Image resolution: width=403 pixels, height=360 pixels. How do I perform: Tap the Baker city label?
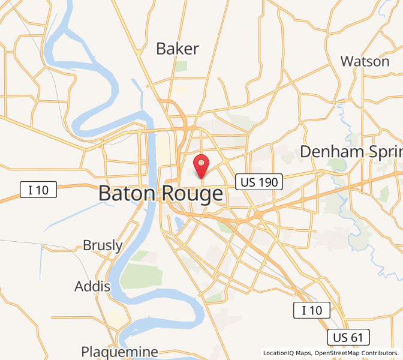178,49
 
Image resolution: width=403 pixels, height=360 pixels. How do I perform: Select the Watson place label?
365,61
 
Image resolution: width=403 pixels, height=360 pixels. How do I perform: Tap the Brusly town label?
103,245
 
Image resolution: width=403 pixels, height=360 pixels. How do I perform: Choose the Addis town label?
92,286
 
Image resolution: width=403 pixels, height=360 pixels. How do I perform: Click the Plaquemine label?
120,352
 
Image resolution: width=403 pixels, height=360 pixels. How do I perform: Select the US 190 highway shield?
258,182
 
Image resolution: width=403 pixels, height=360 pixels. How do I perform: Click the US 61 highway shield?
348,337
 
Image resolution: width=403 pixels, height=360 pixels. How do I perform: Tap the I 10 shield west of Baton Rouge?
38,190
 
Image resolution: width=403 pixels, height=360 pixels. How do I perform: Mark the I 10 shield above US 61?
312,310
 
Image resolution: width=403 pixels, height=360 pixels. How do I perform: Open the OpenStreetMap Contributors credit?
356,353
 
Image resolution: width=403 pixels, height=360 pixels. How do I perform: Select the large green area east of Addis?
142,275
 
